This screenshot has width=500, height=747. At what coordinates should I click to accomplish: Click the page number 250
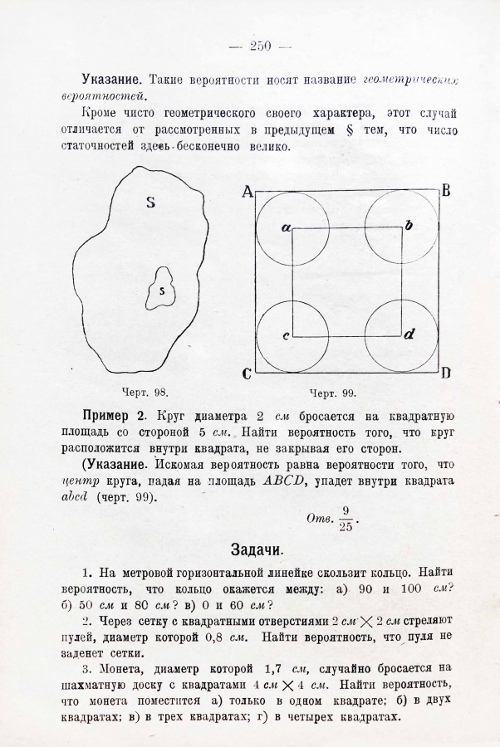click(x=260, y=46)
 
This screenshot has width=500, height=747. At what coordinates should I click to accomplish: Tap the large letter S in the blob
click(x=151, y=203)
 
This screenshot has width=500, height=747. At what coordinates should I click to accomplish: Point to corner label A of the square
click(x=247, y=193)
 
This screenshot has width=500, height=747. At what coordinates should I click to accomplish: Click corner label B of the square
click(x=446, y=191)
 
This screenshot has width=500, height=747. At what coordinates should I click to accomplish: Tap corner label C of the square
click(x=247, y=373)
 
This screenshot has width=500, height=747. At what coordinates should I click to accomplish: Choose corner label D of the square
click(x=446, y=373)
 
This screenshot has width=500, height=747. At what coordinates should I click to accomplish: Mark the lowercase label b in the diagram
click(x=409, y=226)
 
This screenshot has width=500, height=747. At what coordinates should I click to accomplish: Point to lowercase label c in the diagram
click(x=285, y=336)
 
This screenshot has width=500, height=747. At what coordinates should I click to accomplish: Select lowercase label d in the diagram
click(x=409, y=335)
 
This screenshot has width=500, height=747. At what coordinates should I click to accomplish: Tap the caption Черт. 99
click(x=332, y=393)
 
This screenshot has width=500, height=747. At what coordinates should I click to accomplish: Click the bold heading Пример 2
click(x=115, y=415)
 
